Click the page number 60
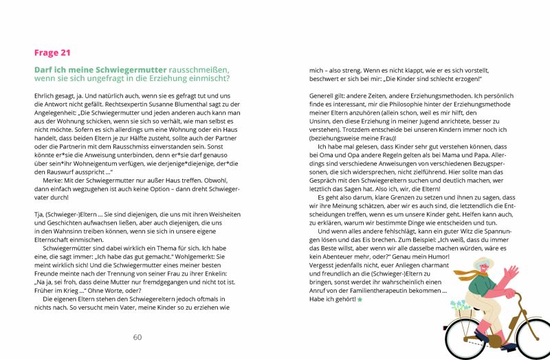coord(137,337)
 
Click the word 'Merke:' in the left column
coord(56,165)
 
